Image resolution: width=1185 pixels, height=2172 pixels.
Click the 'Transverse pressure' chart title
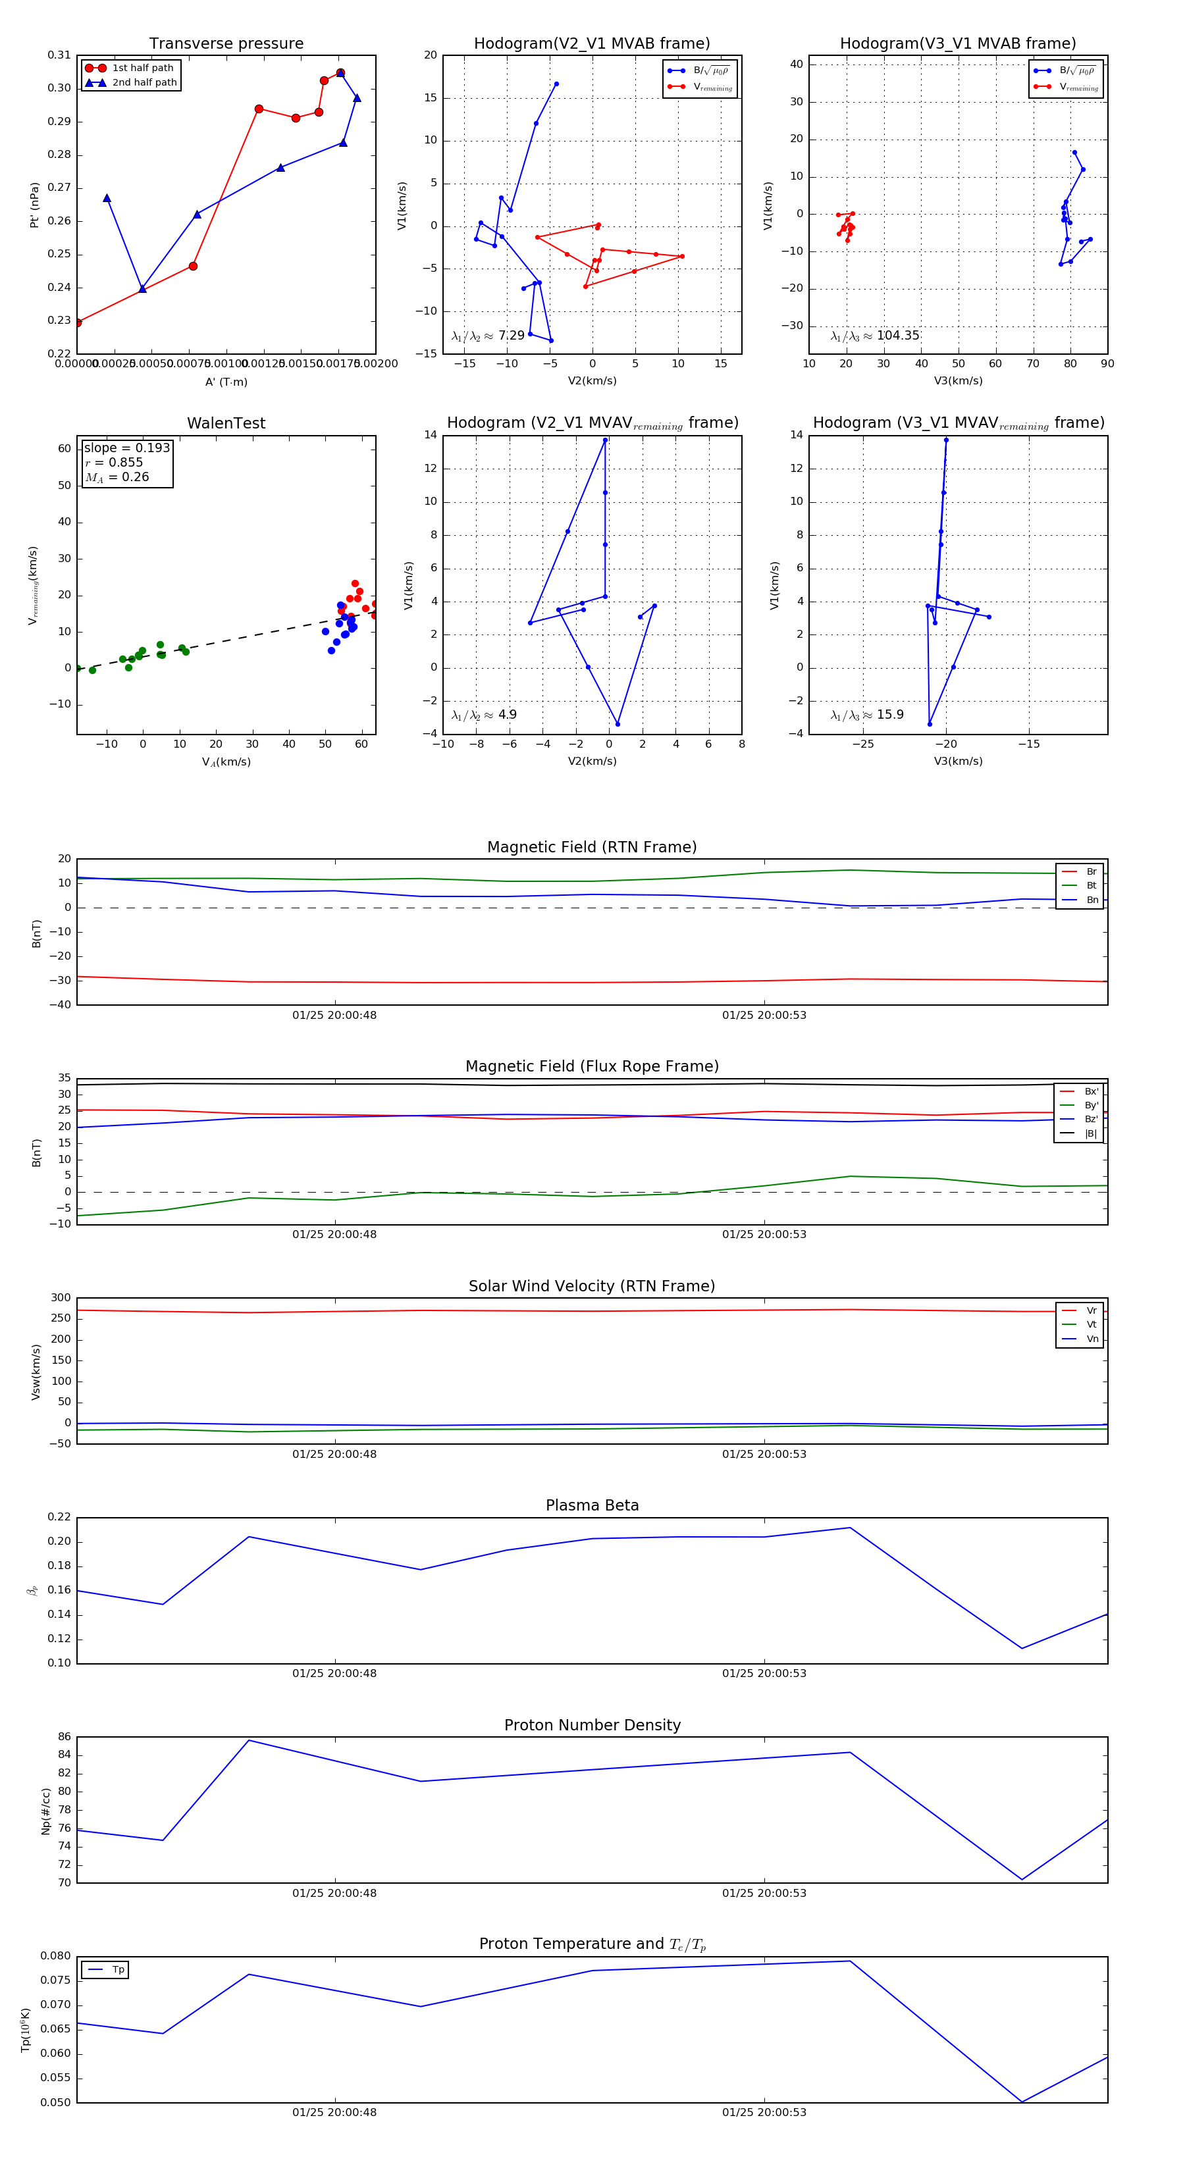click(x=226, y=44)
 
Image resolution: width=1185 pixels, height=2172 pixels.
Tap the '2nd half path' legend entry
click(x=144, y=83)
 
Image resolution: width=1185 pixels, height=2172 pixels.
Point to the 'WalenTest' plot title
click(x=226, y=423)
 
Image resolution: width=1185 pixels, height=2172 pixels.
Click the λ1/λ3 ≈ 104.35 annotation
click(x=875, y=336)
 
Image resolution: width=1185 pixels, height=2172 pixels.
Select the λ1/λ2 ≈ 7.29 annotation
click(x=487, y=336)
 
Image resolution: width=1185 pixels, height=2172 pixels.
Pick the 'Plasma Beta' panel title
click(x=592, y=1506)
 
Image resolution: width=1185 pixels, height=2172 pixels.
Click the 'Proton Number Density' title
click(x=592, y=1725)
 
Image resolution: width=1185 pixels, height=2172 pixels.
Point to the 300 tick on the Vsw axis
click(x=60, y=1299)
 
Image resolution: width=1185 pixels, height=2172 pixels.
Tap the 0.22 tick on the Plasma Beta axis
click(x=59, y=1518)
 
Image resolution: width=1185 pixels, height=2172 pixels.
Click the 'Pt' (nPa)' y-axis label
click(x=35, y=205)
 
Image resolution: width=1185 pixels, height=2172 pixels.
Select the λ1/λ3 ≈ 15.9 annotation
click(x=866, y=715)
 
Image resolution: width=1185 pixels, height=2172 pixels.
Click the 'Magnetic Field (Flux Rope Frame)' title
click(x=592, y=1067)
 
